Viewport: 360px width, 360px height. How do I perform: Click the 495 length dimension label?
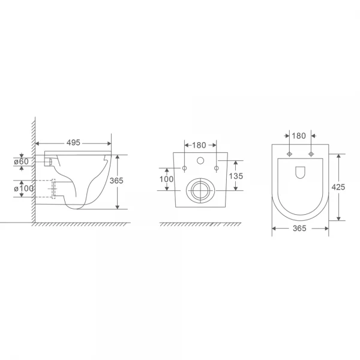73,143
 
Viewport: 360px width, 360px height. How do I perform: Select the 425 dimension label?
338,187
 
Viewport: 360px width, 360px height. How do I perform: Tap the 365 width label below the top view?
299,229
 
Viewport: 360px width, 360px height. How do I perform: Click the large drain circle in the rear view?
199,190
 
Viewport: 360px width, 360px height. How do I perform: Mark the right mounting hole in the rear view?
215,167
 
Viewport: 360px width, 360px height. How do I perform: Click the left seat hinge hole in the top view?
290,154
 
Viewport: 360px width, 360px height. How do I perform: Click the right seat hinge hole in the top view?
311,154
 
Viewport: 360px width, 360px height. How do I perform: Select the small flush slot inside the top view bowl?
300,173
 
